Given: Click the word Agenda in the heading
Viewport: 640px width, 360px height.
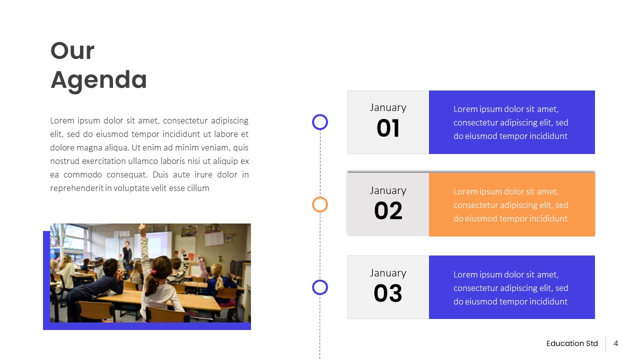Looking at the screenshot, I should click(x=98, y=80).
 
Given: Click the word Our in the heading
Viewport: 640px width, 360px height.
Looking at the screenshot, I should click(x=72, y=51).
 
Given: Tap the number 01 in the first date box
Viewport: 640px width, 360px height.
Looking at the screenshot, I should click(x=388, y=128).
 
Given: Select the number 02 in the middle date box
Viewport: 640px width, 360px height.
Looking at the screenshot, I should click(x=388, y=211).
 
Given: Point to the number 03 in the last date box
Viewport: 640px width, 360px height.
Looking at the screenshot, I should click(x=388, y=293).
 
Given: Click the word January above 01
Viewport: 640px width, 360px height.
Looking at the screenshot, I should click(x=388, y=107).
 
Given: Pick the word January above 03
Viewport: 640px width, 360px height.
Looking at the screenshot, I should click(x=388, y=273).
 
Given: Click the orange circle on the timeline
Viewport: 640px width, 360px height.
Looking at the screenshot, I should click(x=320, y=204).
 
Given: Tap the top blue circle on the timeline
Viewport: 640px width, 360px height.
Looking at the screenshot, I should click(x=320, y=122).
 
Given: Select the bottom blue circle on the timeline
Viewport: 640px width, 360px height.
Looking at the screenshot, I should click(x=320, y=287).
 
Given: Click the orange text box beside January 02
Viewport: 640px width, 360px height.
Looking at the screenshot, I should click(x=511, y=204).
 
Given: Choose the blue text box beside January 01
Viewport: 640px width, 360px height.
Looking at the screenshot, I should click(x=511, y=122).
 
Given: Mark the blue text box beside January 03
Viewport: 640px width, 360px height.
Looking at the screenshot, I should click(x=511, y=287).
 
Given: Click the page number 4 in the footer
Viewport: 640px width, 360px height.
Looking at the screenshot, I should click(x=616, y=343).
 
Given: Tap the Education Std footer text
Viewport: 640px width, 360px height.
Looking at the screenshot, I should click(x=572, y=343).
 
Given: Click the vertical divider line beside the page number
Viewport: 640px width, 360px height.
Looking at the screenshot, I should click(x=606, y=343).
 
